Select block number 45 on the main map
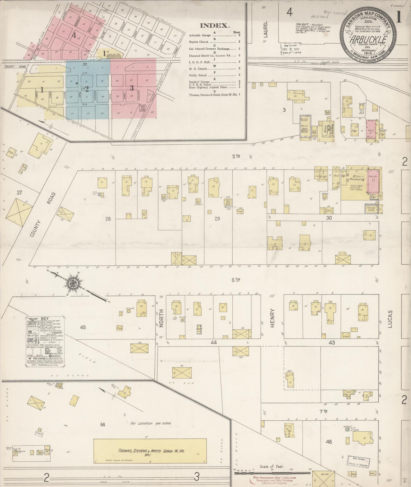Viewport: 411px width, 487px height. click(x=83, y=327)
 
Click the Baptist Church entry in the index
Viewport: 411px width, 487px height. click(x=199, y=42)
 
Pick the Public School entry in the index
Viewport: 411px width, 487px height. click(x=198, y=75)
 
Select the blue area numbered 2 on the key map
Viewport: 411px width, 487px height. click(x=87, y=89)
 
